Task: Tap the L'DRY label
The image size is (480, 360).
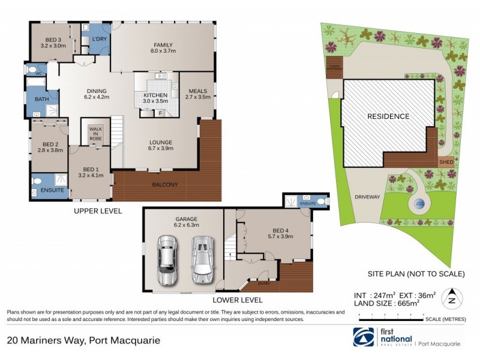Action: (x=99, y=39)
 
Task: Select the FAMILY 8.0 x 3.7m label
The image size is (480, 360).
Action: (x=163, y=48)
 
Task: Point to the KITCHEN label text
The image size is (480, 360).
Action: (x=155, y=95)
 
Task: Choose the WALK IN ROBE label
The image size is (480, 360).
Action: (x=96, y=133)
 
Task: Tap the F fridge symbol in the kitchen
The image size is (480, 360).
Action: (x=160, y=113)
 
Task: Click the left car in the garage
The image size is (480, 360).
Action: (x=166, y=260)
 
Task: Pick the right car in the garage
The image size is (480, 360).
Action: (x=201, y=260)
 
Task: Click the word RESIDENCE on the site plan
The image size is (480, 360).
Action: (x=388, y=116)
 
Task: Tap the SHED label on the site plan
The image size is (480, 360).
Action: (x=446, y=162)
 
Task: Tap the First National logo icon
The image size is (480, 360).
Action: (x=361, y=338)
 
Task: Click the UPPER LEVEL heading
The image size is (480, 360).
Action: (x=98, y=211)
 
